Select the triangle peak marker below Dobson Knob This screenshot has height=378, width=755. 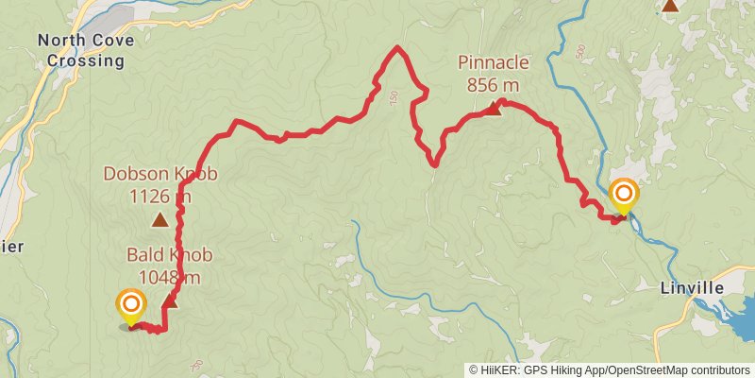[160, 220]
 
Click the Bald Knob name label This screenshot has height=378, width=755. [169, 255]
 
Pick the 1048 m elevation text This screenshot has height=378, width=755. [169, 277]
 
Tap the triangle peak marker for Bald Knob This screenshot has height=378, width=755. [170, 301]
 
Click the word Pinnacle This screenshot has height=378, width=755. [492, 62]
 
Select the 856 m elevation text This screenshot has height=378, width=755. [492, 85]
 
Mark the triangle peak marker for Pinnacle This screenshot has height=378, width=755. [493, 110]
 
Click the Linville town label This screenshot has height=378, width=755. [692, 287]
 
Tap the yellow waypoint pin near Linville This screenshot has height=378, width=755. [624, 196]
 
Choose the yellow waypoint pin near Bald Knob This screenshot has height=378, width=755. [130, 305]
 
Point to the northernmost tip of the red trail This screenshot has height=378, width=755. [397, 47]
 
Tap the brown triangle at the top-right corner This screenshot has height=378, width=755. [670, 5]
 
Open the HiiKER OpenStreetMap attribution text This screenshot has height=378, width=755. [611, 370]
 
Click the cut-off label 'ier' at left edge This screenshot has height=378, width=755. [9, 247]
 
